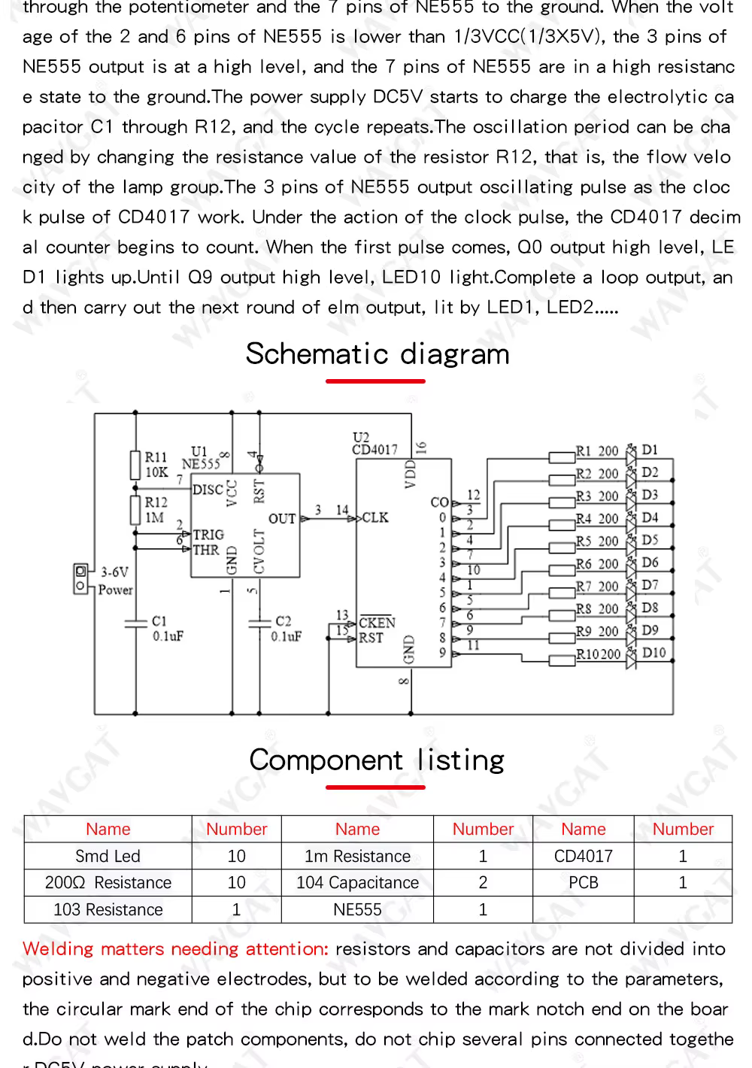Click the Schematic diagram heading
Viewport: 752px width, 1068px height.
tap(378, 354)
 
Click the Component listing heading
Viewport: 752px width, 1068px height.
tap(377, 760)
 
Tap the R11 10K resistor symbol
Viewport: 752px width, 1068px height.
tap(135, 465)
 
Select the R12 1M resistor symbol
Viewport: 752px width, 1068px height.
tap(135, 510)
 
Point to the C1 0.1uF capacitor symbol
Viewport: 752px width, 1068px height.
tap(135, 623)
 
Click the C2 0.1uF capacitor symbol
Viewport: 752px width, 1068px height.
tap(259, 623)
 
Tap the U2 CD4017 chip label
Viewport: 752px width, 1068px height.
tap(374, 444)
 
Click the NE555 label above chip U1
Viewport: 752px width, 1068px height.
tap(201, 464)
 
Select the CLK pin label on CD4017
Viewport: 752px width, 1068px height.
tap(375, 517)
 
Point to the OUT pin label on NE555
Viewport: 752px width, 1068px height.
tap(282, 518)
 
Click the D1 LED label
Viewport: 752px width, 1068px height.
tap(650, 450)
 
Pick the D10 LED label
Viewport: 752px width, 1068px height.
tap(653, 653)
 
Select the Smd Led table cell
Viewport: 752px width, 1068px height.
tap(108, 856)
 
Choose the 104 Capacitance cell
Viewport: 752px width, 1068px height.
tap(357, 882)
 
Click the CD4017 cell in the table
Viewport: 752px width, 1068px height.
tap(583, 856)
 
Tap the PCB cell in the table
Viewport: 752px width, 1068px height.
tap(583, 882)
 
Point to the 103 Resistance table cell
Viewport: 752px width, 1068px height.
tap(108, 909)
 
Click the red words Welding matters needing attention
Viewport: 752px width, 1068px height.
tap(175, 949)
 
